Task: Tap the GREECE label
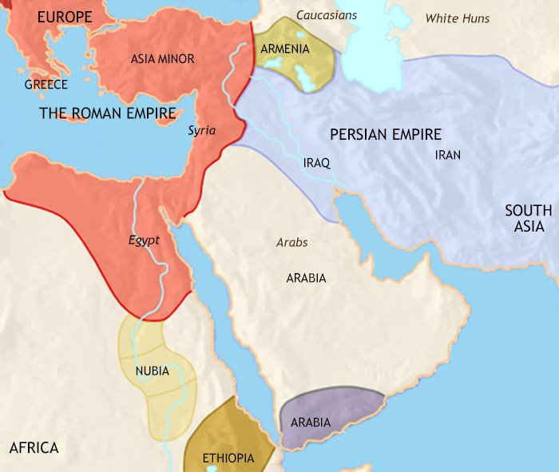coord(46,84)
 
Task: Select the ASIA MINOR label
coord(162,58)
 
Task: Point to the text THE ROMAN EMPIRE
coord(108,113)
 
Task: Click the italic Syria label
coord(201,130)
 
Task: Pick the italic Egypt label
coord(144,240)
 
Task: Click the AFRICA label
coord(34,447)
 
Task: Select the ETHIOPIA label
coord(228,458)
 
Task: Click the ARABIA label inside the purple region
coord(311,422)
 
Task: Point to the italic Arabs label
coord(291,242)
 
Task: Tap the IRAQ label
coord(316,163)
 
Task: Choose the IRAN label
coord(447,155)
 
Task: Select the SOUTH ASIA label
coord(528,218)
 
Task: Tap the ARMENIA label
coord(285,49)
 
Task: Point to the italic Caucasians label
coord(327,15)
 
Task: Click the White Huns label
coord(457,18)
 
